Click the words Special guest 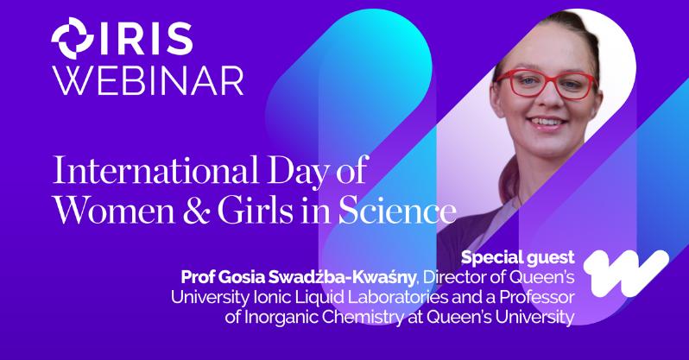(x=518, y=257)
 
